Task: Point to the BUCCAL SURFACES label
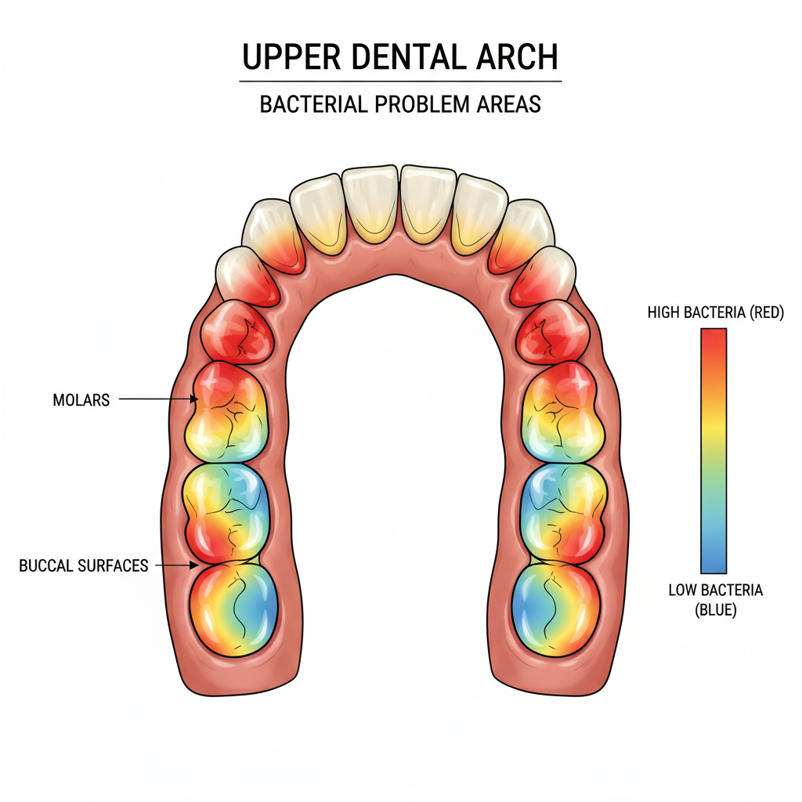click(x=83, y=565)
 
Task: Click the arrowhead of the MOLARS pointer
click(x=193, y=400)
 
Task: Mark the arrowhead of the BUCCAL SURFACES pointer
click(x=193, y=565)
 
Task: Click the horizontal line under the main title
click(x=400, y=81)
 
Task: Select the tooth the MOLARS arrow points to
click(x=229, y=412)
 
